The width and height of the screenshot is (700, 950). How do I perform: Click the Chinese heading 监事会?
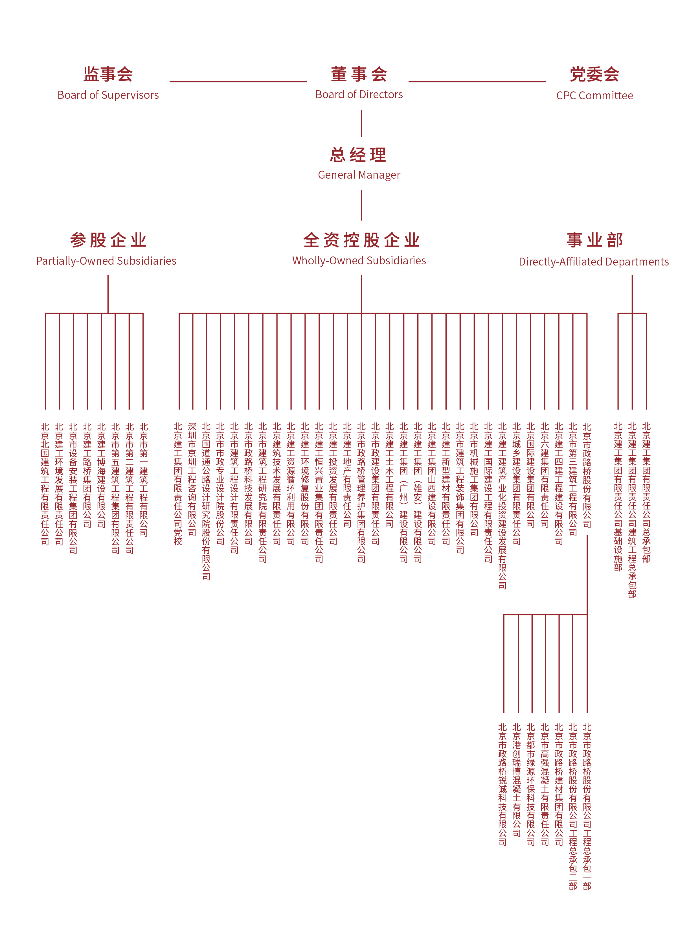pyautogui.click(x=108, y=74)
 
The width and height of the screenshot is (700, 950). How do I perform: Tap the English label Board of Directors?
pyautogui.click(x=359, y=95)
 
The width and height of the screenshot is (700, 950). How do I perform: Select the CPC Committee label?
pyautogui.click(x=594, y=96)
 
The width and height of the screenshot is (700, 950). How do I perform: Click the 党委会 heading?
pyautogui.click(x=594, y=74)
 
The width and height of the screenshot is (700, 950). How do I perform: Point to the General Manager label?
pyautogui.click(x=359, y=175)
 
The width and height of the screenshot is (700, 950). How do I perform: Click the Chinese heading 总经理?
pyautogui.click(x=359, y=155)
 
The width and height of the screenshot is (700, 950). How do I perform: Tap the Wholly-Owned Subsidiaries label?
pyautogui.click(x=359, y=261)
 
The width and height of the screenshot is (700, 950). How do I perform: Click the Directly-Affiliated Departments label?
pyautogui.click(x=594, y=262)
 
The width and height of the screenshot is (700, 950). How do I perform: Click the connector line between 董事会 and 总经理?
pyautogui.click(x=361, y=123)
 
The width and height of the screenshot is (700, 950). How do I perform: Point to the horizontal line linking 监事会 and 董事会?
pyautogui.click(x=238, y=81)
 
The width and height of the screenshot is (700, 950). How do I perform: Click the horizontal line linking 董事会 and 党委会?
pyautogui.click(x=477, y=81)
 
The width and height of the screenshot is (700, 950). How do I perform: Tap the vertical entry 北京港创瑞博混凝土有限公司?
pyautogui.click(x=517, y=780)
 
